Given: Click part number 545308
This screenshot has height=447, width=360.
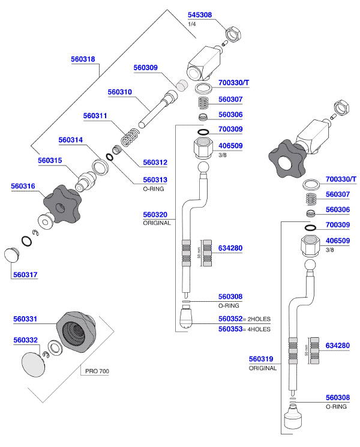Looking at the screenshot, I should pyautogui.click(x=199, y=15).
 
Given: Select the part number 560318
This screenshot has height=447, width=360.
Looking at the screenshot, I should pyautogui.click(x=83, y=59).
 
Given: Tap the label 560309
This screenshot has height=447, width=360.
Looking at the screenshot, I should pyautogui.click(x=145, y=68).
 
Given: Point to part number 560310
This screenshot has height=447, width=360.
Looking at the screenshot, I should pyautogui.click(x=119, y=92).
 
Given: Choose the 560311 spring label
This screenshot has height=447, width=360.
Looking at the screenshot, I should pyautogui.click(x=95, y=116).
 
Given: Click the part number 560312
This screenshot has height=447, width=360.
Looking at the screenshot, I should pyautogui.click(x=155, y=162).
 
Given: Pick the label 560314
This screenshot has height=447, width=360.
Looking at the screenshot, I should pyautogui.click(x=70, y=140).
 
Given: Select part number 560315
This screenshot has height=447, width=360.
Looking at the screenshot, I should pyautogui.click(x=50, y=161).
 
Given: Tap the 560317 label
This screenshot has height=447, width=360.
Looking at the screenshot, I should pyautogui.click(x=25, y=275).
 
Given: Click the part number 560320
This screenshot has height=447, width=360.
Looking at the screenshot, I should pyautogui.click(x=155, y=214).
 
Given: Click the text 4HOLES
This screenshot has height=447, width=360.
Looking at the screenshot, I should pyautogui.click(x=257, y=329).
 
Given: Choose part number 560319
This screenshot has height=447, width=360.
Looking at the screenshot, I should pyautogui.click(x=261, y=359).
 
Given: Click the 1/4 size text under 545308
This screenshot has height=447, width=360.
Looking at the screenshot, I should pyautogui.click(x=192, y=24).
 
